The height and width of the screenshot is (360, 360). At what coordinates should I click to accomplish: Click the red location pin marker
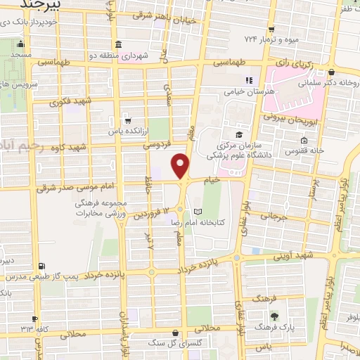pos(181,165)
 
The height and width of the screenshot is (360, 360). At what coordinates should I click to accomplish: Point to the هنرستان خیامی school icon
pos(247,81)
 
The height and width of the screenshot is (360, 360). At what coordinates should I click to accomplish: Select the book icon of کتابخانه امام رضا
pos(198,211)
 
